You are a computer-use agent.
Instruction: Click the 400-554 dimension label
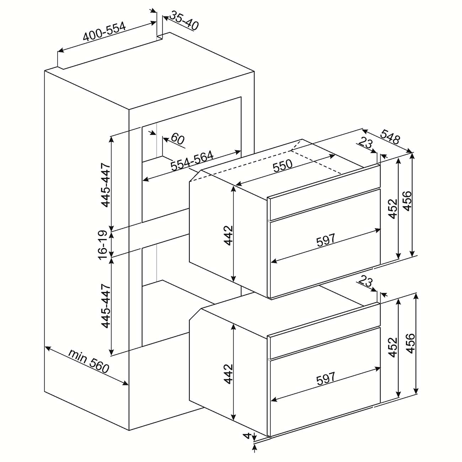coord(104,32)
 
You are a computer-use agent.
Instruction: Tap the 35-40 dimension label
coord(184,22)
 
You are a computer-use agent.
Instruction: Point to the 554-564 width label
coord(192,160)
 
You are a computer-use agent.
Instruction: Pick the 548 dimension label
coord(391,137)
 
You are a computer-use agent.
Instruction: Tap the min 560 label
coord(89,361)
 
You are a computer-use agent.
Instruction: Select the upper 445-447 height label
coord(106,185)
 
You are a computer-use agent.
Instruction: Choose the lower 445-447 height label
coord(106,306)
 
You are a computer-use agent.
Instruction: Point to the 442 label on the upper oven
coord(228,235)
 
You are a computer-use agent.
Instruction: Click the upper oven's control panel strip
coord(324,204)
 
